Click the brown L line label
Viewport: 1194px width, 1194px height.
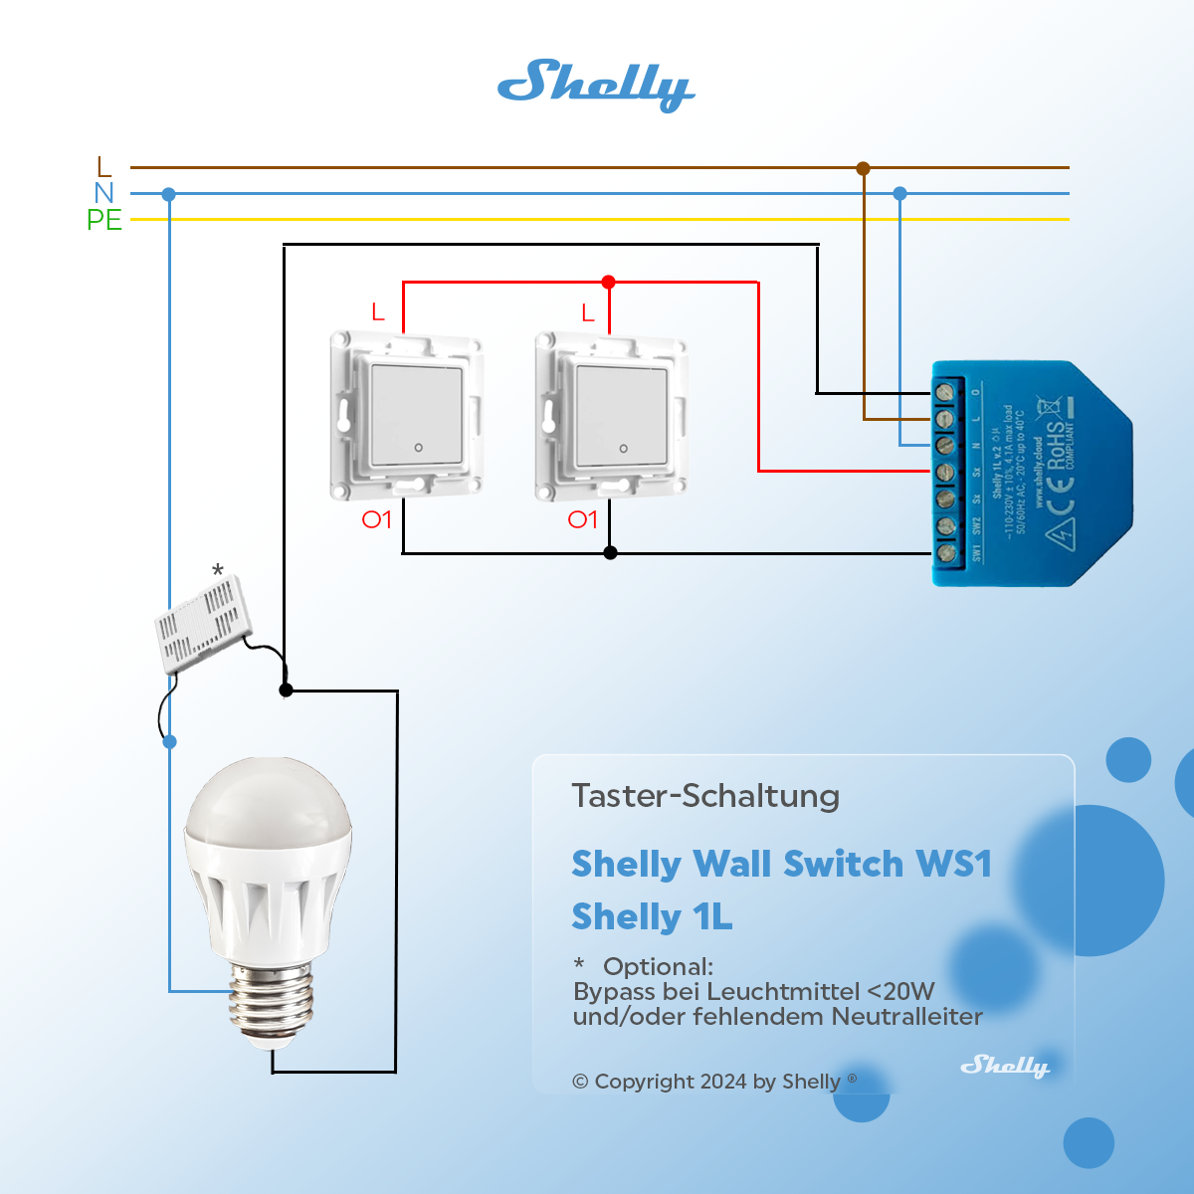[104, 167]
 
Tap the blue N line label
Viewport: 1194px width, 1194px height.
[104, 193]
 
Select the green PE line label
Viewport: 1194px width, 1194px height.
[103, 220]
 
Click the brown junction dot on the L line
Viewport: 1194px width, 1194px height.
[863, 168]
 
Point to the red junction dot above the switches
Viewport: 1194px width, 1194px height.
[609, 283]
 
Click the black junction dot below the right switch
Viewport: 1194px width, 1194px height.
[611, 553]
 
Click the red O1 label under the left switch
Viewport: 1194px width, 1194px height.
[376, 519]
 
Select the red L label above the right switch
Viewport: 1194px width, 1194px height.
[588, 314]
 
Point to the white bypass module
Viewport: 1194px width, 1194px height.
[203, 623]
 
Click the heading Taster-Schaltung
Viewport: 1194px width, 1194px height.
[705, 796]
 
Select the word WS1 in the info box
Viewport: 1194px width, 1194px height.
[953, 864]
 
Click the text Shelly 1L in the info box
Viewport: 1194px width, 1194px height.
[652, 916]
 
